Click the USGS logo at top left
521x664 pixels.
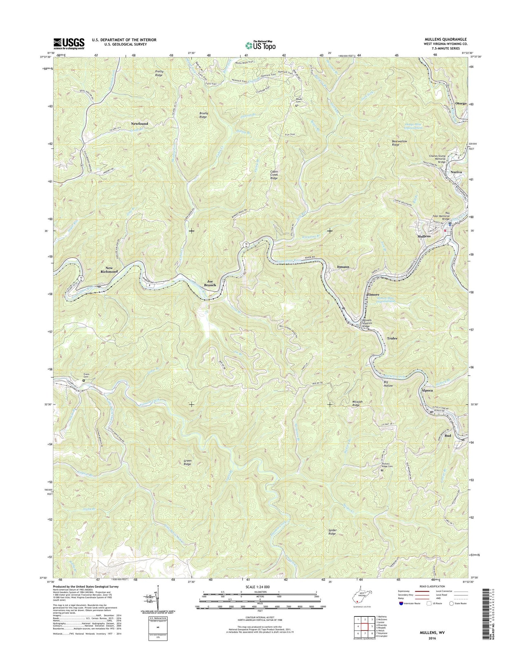click(69, 44)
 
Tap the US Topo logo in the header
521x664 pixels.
click(261, 45)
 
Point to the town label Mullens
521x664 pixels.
click(424, 236)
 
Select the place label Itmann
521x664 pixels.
click(343, 267)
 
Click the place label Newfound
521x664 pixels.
click(139, 124)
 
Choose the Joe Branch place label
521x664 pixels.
click(210, 283)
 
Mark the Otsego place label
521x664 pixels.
click(461, 103)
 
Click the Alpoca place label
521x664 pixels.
click(427, 390)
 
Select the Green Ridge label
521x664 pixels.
click(187, 462)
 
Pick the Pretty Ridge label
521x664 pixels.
click(159, 73)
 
